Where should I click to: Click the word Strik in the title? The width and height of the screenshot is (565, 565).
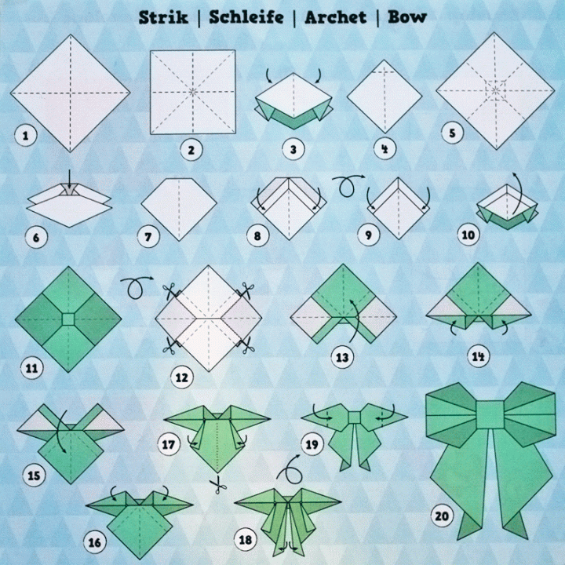(x=163, y=16)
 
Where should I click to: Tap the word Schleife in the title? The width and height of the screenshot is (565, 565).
(x=246, y=16)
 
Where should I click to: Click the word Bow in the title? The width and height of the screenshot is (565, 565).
(x=407, y=16)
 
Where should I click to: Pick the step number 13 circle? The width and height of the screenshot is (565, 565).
(x=341, y=358)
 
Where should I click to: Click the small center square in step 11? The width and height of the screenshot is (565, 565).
(x=68, y=319)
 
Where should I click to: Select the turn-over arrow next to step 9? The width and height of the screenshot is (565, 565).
(x=345, y=187)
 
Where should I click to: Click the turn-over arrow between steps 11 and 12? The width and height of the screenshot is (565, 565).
(x=138, y=287)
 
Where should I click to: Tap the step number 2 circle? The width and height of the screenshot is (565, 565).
(x=188, y=149)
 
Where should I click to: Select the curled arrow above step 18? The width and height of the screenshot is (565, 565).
(x=291, y=472)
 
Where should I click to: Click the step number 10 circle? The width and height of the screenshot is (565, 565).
(x=468, y=235)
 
